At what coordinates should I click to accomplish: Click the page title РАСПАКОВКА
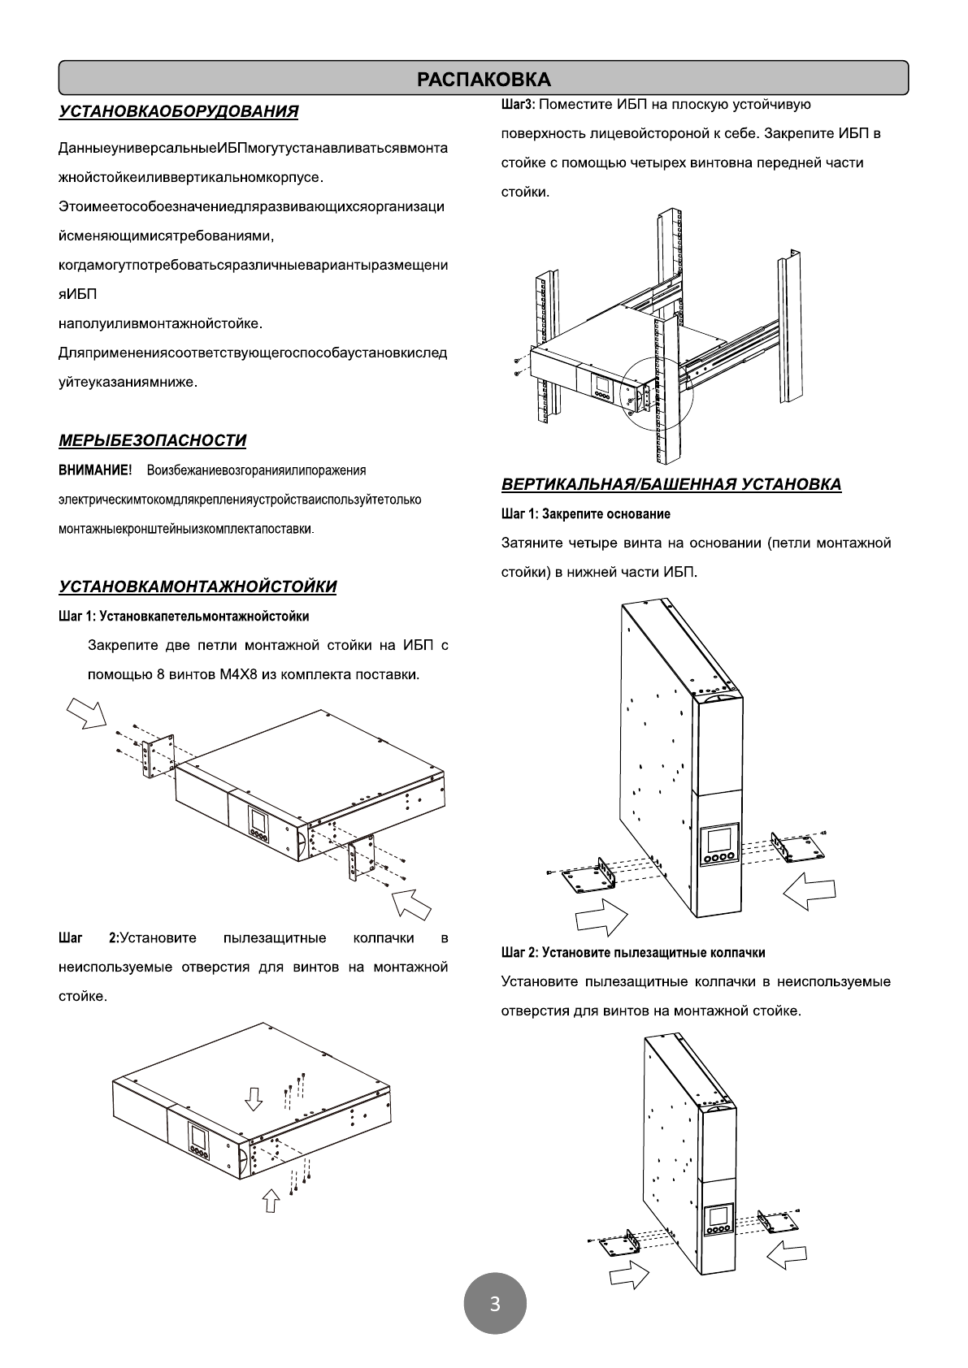(x=484, y=79)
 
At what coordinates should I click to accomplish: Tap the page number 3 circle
(x=495, y=1305)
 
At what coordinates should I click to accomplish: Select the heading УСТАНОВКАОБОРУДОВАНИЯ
(x=178, y=111)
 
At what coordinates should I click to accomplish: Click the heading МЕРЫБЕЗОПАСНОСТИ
(x=152, y=440)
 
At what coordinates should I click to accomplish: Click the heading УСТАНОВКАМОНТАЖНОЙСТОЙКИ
(x=198, y=587)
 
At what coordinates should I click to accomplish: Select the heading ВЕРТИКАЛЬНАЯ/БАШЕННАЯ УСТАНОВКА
(x=671, y=485)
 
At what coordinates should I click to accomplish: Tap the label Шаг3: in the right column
(x=519, y=105)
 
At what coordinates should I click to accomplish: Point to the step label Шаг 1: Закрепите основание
(x=585, y=514)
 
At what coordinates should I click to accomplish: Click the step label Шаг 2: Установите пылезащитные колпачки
(x=633, y=952)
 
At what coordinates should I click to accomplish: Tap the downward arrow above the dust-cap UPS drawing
(x=254, y=1098)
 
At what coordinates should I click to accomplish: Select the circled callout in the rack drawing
(x=655, y=396)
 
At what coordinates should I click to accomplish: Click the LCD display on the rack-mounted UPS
(x=602, y=384)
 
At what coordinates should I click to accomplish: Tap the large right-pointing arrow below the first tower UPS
(x=601, y=918)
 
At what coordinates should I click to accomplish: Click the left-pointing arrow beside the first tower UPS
(x=810, y=891)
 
